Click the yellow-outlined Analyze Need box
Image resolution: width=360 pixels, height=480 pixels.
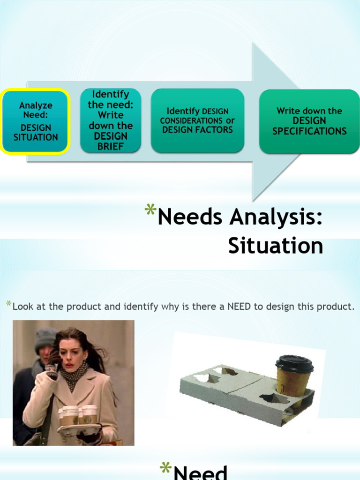pyautogui.click(x=36, y=121)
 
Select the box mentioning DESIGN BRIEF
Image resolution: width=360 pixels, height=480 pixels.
pyautogui.click(x=111, y=120)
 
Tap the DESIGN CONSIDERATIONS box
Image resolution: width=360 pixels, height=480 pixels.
pyautogui.click(x=197, y=120)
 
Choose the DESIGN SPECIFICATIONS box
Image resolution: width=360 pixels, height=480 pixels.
pyautogui.click(x=309, y=121)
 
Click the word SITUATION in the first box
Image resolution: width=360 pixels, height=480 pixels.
pyautogui.click(x=36, y=137)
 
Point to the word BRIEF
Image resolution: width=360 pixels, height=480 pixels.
pyautogui.click(x=111, y=146)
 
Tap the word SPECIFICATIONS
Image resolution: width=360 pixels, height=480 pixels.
pyautogui.click(x=309, y=131)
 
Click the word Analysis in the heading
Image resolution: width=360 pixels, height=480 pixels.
pyautogui.click(x=277, y=218)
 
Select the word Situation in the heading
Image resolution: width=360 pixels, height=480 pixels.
pyautogui.click(x=276, y=246)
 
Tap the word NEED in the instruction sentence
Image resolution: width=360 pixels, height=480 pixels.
pyautogui.click(x=239, y=307)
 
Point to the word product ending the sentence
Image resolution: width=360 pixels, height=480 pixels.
pyautogui.click(x=337, y=307)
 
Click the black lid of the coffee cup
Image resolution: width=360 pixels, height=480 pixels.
pyautogui.click(x=294, y=363)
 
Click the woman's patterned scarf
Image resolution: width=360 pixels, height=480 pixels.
pyautogui.click(x=73, y=375)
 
